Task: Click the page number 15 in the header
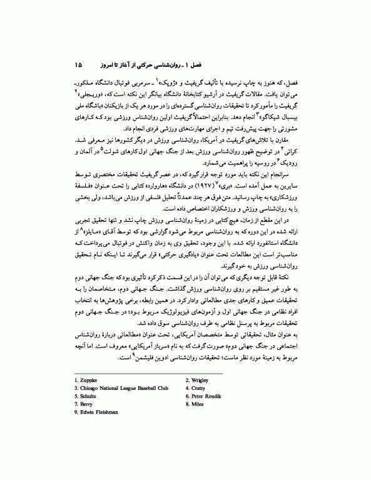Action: [x=78, y=64]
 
